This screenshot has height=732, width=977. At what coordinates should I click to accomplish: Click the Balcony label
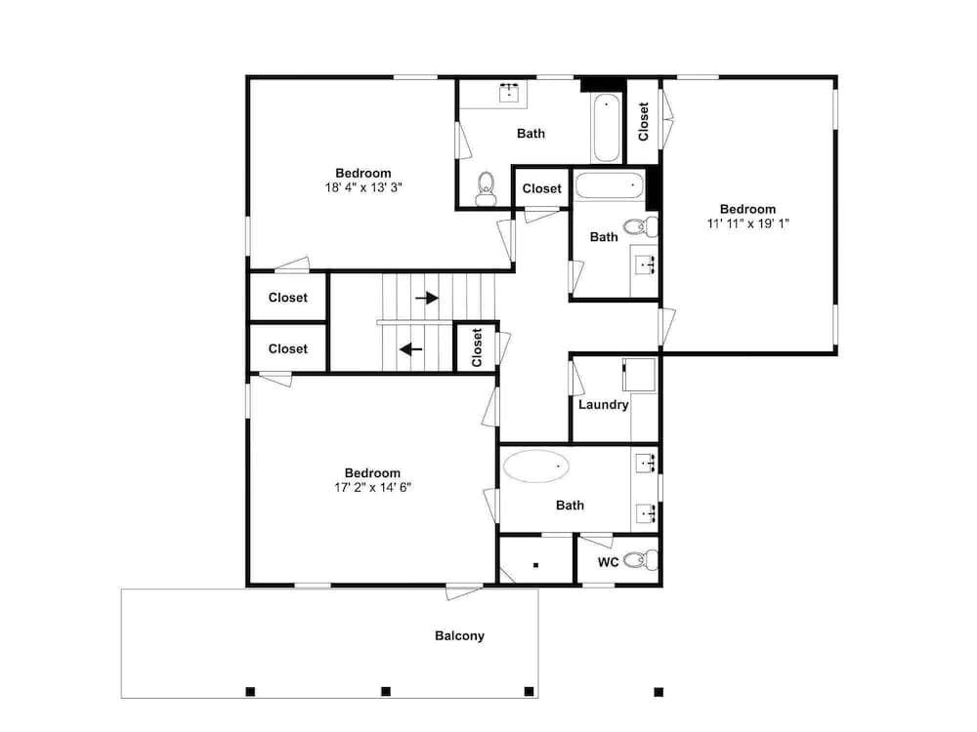459,635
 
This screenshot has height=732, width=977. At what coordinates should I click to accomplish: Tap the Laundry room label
603,405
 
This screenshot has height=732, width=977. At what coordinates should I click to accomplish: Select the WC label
608,562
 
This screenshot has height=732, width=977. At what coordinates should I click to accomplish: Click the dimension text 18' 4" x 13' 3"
363,187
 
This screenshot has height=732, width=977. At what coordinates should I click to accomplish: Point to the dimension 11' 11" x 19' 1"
747,224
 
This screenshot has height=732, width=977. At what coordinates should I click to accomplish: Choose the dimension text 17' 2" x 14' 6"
372,487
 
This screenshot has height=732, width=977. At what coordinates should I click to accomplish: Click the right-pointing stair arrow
427,298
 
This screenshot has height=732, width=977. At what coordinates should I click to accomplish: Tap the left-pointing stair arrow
410,349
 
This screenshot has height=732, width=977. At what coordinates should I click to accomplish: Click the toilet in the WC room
641,560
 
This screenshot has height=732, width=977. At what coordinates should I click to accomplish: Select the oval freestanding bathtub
535,467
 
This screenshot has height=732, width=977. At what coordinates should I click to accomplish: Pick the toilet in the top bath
486,188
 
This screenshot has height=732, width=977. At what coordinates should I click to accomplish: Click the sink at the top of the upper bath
510,93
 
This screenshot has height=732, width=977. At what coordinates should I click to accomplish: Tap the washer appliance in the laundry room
639,375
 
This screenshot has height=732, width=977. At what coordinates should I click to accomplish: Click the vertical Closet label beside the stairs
478,348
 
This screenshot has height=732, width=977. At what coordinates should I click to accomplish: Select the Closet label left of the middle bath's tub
541,188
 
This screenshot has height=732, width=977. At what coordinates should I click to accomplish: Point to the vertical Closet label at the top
644,121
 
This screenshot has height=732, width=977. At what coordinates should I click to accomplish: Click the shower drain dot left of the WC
535,565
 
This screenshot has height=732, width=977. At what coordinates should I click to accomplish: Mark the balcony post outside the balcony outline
658,692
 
